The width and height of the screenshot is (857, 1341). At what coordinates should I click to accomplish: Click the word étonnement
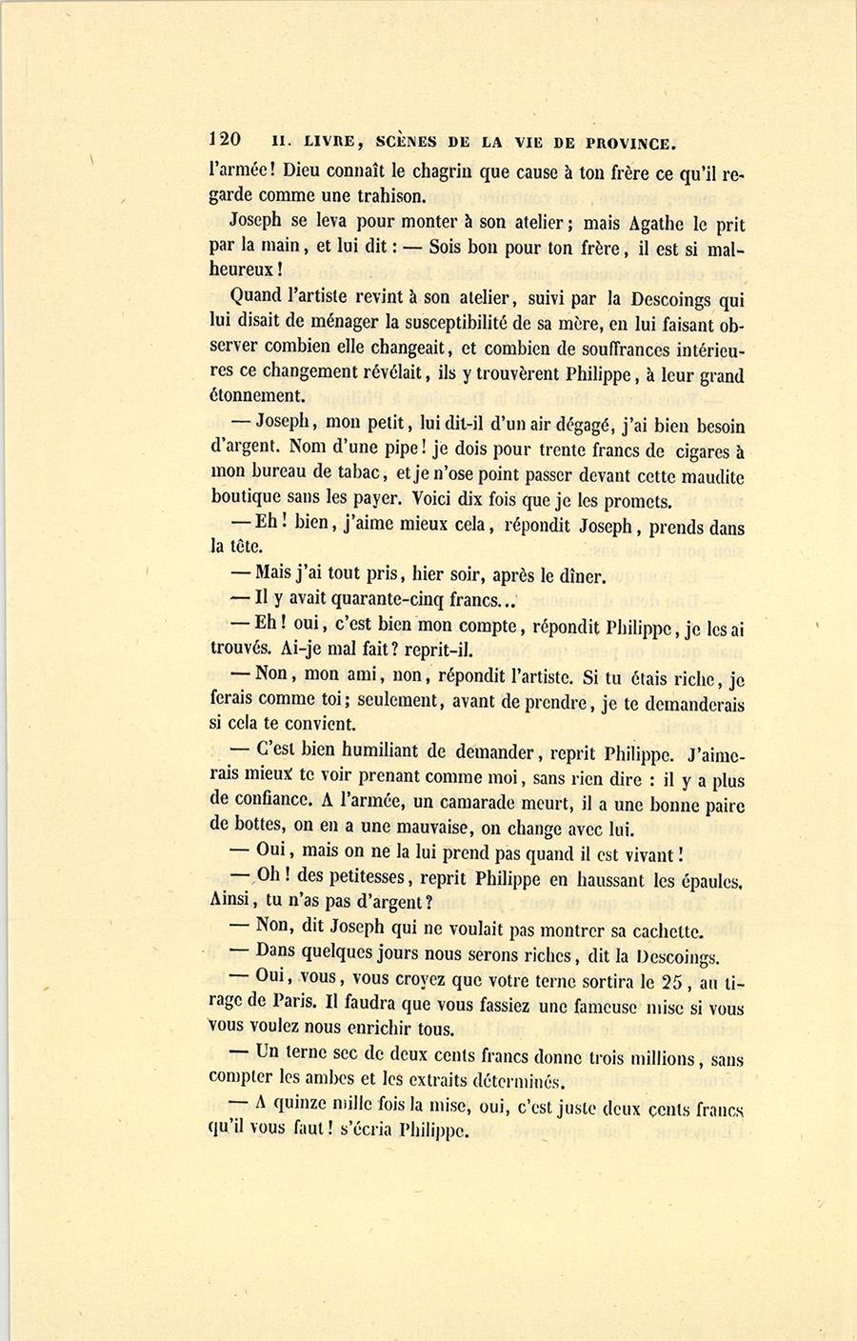(257, 396)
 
